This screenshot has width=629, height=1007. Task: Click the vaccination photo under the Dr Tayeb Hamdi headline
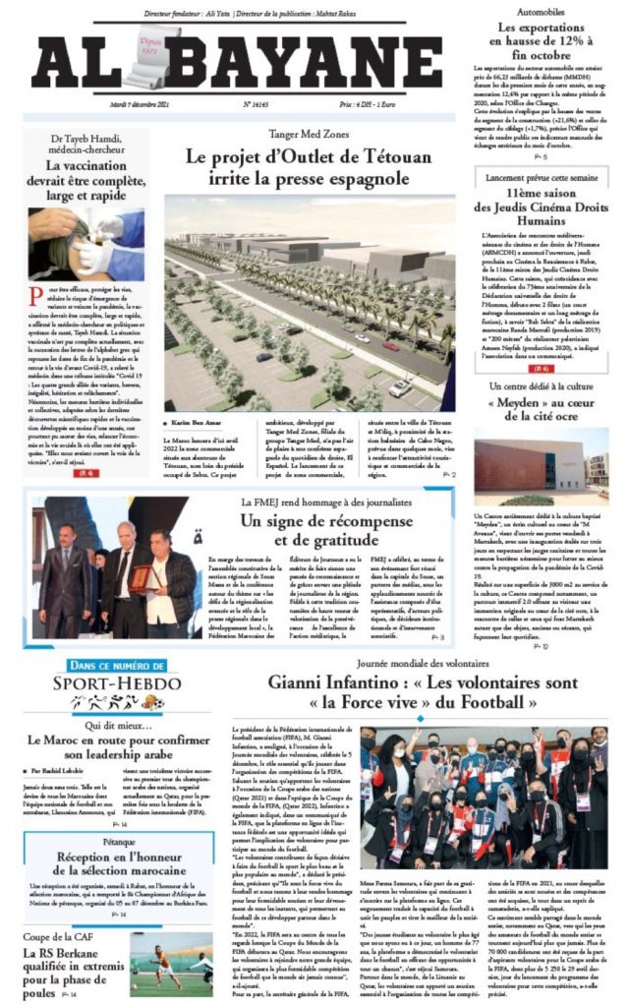[x=86, y=242]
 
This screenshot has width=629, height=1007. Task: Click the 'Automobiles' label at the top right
[x=541, y=13]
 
